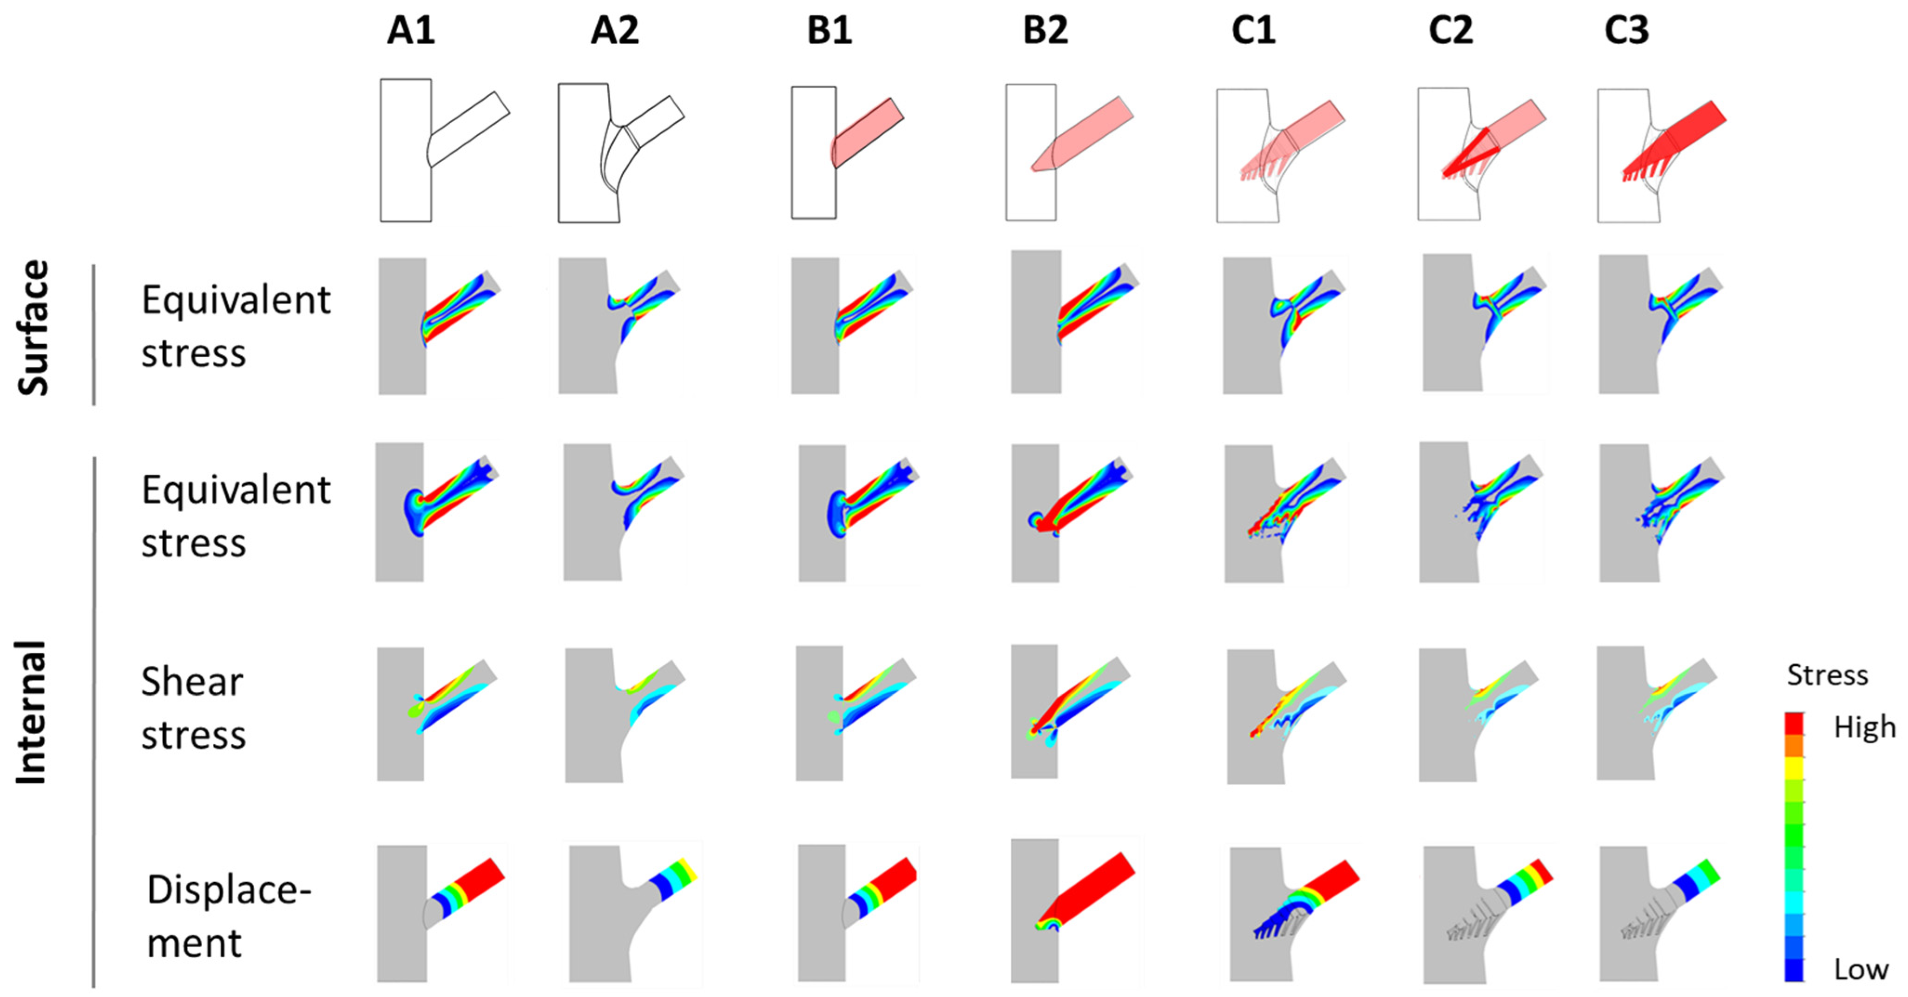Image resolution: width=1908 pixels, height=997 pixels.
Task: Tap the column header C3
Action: pos(1626,31)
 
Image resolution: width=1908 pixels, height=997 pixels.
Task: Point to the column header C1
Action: pos(1253,31)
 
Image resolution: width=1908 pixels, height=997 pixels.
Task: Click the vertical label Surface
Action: pos(34,328)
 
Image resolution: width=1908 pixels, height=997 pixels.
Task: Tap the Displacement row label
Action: pos(228,916)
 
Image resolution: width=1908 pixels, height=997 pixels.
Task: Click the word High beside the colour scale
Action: pos(1863,728)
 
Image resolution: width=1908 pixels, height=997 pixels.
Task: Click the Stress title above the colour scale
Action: pos(1827,675)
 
